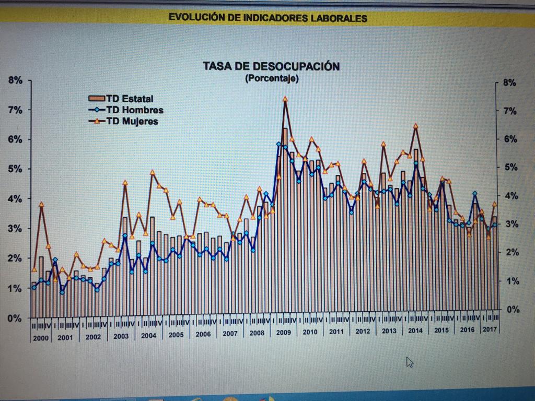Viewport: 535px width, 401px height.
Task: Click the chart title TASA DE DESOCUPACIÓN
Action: [x=271, y=67]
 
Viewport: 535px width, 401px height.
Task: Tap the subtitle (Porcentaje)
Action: [x=271, y=79]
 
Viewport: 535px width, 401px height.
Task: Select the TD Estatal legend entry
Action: [x=130, y=99]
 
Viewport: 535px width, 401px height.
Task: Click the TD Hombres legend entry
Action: [x=134, y=110]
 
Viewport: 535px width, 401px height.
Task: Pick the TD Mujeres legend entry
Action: [x=132, y=122]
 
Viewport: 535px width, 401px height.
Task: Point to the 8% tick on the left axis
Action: [x=15, y=80]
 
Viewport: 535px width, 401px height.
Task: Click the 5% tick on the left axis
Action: [x=15, y=169]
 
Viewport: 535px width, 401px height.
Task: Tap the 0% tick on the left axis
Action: [x=15, y=318]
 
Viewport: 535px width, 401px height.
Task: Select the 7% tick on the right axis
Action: [x=509, y=111]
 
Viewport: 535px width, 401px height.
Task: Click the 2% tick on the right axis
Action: [x=509, y=253]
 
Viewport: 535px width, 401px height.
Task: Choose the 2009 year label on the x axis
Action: [x=283, y=332]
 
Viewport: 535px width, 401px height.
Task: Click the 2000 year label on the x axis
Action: [x=40, y=338]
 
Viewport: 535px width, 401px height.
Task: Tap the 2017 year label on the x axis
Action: [x=490, y=329]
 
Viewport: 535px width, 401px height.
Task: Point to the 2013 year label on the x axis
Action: [x=389, y=331]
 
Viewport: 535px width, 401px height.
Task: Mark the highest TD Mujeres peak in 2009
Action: [x=285, y=99]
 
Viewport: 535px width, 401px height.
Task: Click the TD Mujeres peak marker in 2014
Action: [x=415, y=126]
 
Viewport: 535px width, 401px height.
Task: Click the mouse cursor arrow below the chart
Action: [x=410, y=362]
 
